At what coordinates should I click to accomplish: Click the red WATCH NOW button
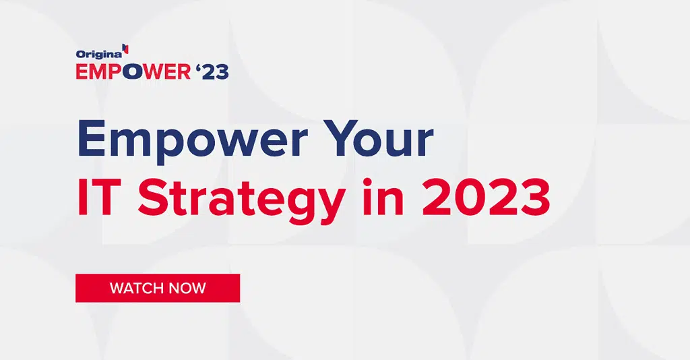coord(158,288)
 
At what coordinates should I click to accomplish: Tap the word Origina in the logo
coord(99,54)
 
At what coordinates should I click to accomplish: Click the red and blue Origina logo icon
coord(126,49)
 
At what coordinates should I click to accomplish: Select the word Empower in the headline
coord(192,140)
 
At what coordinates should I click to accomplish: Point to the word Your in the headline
coord(381,138)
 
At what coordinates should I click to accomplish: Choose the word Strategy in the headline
coord(242,201)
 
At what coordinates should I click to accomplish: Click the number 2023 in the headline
coord(487,197)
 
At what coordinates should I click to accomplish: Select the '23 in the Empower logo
coord(212,71)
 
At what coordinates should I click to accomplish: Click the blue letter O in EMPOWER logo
coord(133,72)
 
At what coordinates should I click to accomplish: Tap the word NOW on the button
coord(187,289)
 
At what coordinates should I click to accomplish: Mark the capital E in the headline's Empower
coord(92,138)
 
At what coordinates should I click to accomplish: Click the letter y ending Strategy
coord(328,207)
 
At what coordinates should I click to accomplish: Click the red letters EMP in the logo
coord(99,72)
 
